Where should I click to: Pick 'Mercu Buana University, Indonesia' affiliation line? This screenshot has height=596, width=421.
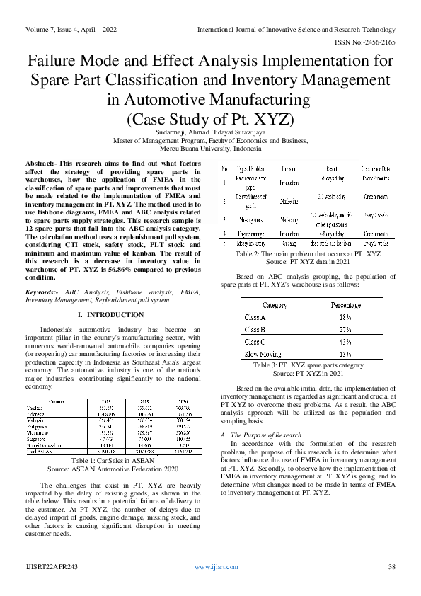click(210, 149)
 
